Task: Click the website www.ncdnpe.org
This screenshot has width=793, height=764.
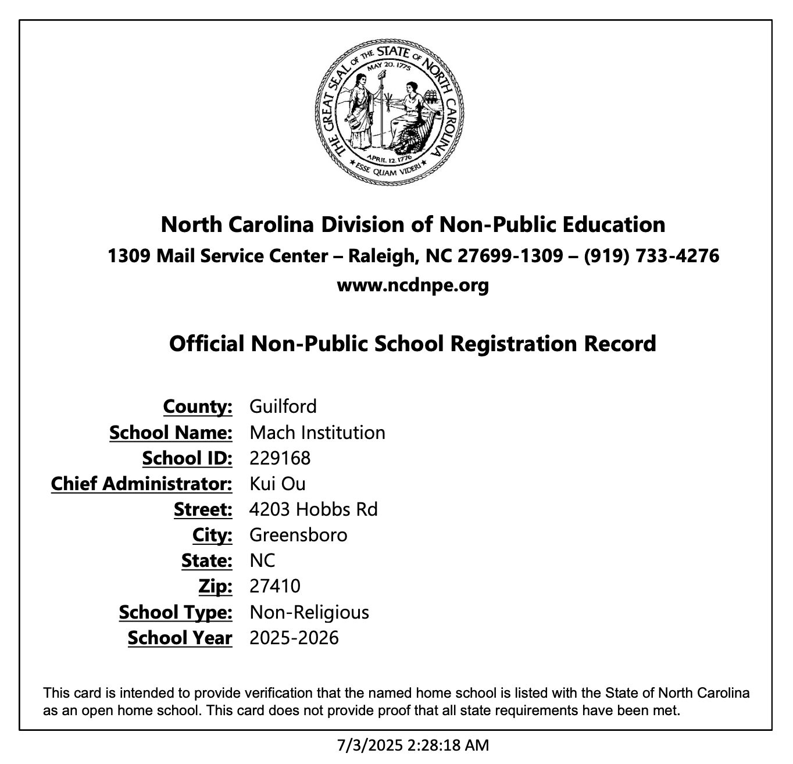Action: coord(413,285)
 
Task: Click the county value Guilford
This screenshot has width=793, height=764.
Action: coord(283,406)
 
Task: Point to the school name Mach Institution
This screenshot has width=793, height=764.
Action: coord(317,433)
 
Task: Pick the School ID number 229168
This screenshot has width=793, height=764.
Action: coord(280,458)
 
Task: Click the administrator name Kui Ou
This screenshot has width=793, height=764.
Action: coord(277,484)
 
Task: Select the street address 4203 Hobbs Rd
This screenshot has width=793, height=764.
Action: coord(313,509)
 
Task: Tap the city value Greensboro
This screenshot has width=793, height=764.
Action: coord(298,535)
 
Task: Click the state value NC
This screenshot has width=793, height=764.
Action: coord(262,560)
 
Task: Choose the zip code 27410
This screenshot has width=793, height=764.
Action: coord(275,586)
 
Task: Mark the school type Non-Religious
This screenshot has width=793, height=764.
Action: coord(309,612)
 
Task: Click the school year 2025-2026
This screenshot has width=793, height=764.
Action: coord(294,638)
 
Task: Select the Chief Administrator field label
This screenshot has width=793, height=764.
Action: coord(141,484)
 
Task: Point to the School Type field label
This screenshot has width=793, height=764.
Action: coord(176,612)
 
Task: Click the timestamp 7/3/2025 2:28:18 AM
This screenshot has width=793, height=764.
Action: coord(413,745)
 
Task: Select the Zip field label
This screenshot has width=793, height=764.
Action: coord(215,586)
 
